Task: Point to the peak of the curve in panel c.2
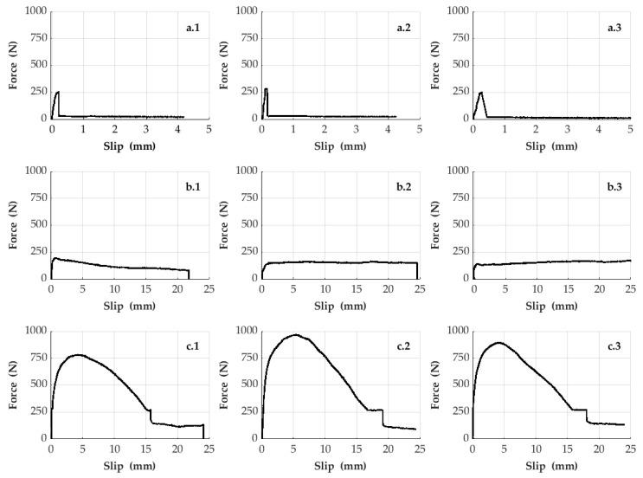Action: pos(295,334)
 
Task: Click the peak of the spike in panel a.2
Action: pos(266,88)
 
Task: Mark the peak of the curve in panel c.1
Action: pos(78,354)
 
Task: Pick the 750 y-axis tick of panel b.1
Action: pos(36,198)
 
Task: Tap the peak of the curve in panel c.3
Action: pos(498,342)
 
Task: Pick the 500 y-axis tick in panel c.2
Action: pos(247,384)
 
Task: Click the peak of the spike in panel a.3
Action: pos(480,92)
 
